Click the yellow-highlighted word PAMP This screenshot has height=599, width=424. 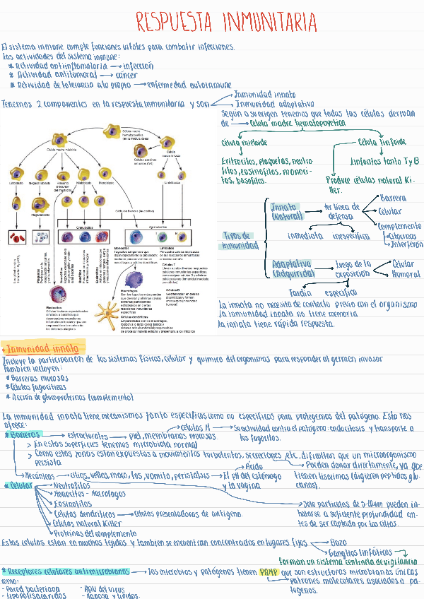pyautogui.click(x=269, y=571)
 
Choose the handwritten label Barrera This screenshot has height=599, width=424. pyautogui.click(x=393, y=197)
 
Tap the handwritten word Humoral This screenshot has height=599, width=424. pyautogui.click(x=405, y=274)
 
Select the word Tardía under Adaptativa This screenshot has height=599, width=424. pyautogui.click(x=302, y=292)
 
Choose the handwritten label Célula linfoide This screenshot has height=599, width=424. pyautogui.click(x=381, y=142)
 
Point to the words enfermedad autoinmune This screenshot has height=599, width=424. pyautogui.click(x=189, y=85)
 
